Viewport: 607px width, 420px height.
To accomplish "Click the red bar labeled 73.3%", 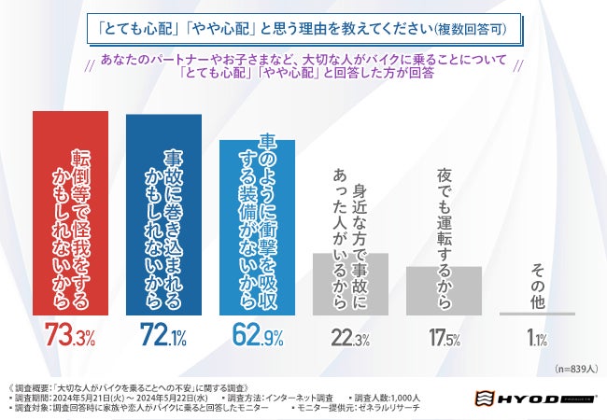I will [71, 214].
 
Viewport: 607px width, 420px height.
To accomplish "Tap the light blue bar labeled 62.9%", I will [258, 228].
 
